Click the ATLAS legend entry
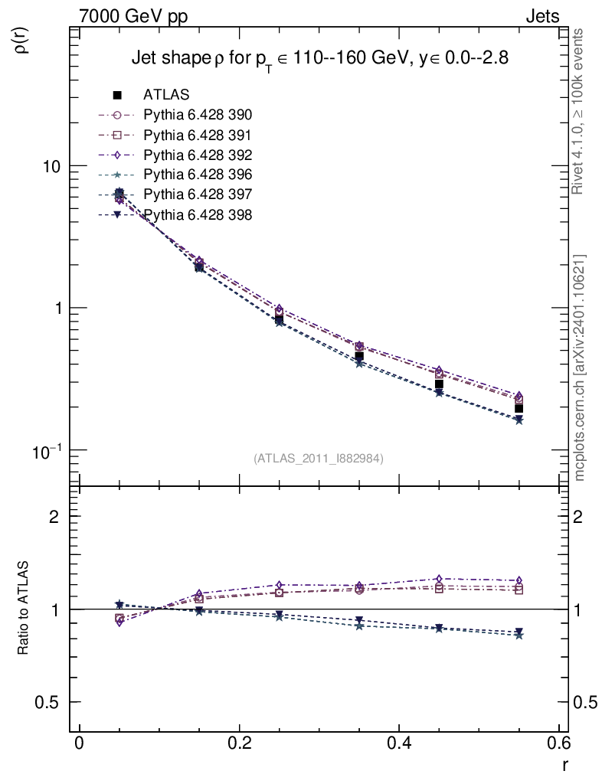pyautogui.click(x=166, y=95)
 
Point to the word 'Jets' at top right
pyautogui.click(x=541, y=16)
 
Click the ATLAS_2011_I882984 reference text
pyautogui.click(x=318, y=458)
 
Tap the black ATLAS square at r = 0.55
pyautogui.click(x=519, y=408)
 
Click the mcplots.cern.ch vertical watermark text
pyautogui.click(x=580, y=367)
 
